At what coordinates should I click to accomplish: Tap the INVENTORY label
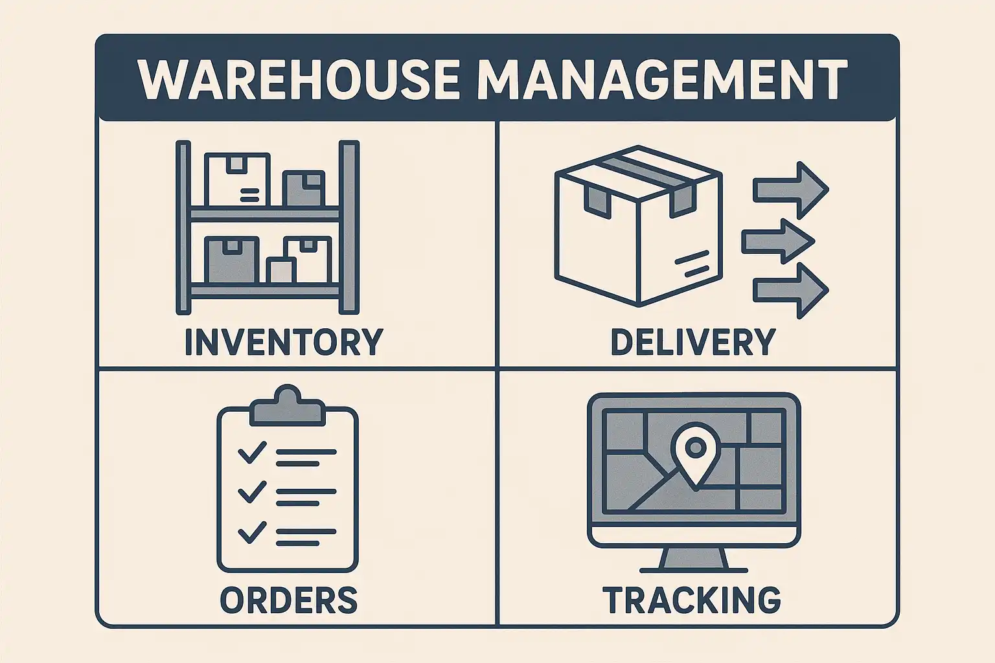[x=284, y=342]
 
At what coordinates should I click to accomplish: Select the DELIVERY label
[x=692, y=342]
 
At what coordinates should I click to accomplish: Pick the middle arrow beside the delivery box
[x=777, y=242]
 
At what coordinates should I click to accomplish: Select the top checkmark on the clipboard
[x=252, y=452]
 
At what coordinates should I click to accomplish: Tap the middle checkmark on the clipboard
[x=252, y=492]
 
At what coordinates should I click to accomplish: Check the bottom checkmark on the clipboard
[x=252, y=532]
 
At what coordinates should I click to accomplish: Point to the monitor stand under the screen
[x=693, y=558]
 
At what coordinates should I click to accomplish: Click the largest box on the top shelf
[x=237, y=179]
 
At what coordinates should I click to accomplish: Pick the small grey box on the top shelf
[x=303, y=189]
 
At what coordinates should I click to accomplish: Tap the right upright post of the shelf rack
[x=350, y=227]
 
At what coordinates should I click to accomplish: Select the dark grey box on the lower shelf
[x=231, y=259]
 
